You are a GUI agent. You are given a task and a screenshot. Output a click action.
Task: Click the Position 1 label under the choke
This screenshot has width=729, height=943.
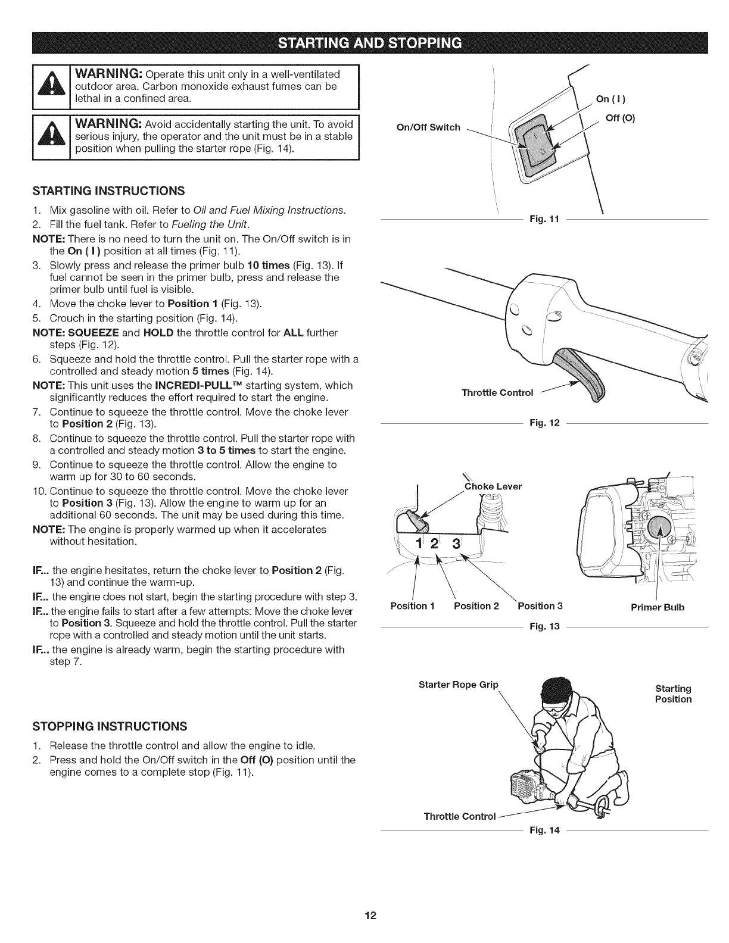413,607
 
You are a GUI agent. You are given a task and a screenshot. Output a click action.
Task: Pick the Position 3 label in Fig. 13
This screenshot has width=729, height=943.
540,607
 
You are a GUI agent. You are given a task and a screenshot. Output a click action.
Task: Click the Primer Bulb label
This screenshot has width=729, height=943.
658,608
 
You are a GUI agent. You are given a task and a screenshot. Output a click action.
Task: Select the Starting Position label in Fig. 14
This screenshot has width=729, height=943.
673,694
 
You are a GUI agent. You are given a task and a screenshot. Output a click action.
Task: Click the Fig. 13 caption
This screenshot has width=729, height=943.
544,627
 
